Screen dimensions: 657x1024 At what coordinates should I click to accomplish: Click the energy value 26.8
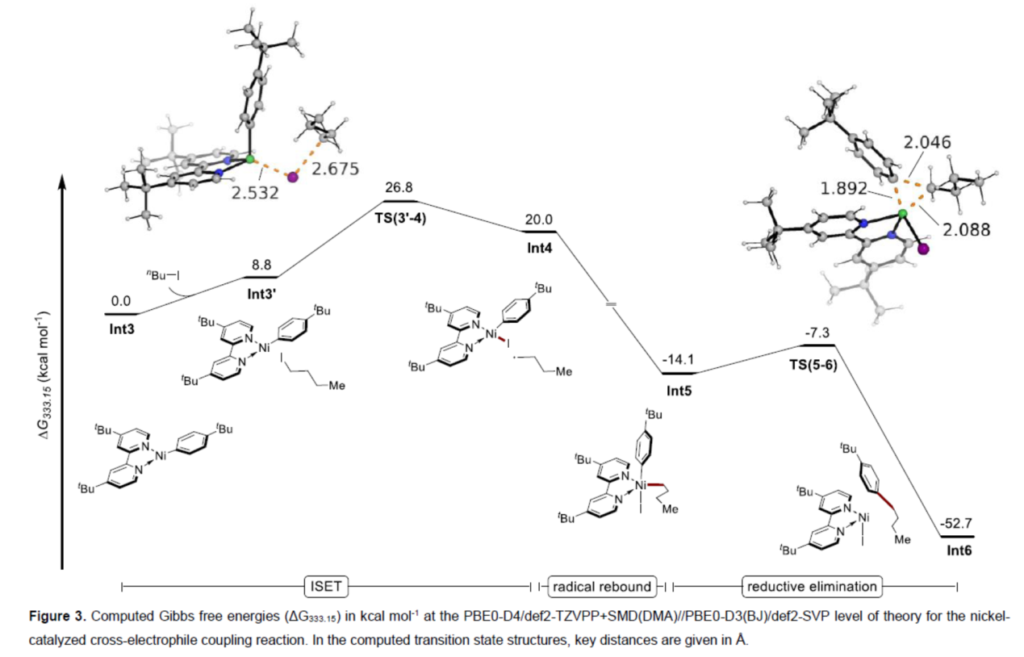[x=399, y=188]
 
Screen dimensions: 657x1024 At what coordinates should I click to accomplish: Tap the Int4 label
[x=541, y=248]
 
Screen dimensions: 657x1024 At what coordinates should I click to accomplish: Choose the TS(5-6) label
[x=811, y=362]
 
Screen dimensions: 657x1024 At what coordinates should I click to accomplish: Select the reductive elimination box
[x=812, y=585]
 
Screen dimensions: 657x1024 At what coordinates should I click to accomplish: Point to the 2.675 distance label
[x=334, y=168]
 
